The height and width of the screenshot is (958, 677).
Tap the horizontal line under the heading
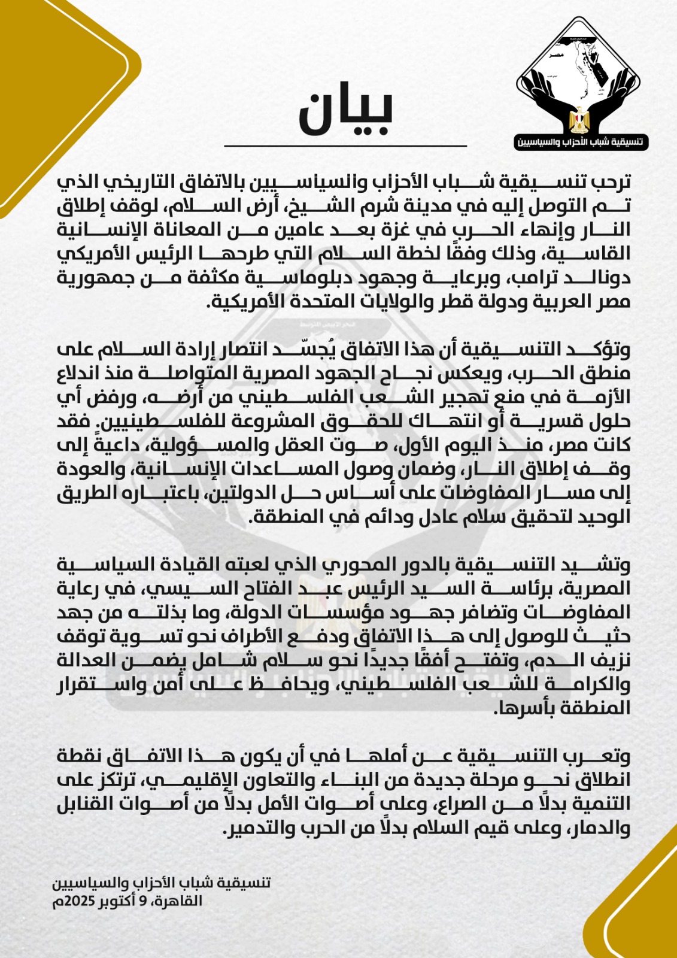(x=345, y=145)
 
